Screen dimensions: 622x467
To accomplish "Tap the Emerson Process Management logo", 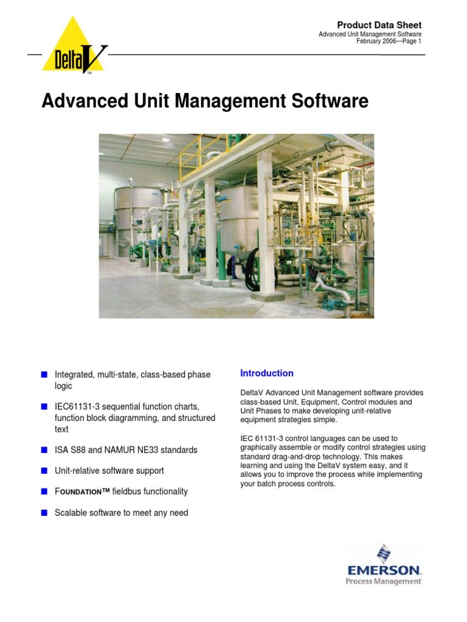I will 383,565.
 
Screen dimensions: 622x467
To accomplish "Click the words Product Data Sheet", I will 379,25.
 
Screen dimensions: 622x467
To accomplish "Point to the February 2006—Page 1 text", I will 389,41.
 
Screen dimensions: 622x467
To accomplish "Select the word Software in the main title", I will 330,101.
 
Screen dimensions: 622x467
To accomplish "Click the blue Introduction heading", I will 267,373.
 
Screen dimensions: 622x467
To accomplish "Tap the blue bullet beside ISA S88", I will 44,450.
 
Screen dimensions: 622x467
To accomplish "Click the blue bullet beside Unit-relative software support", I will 44,471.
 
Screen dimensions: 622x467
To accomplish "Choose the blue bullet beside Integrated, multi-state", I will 44,375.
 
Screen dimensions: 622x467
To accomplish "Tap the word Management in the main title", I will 229,101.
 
